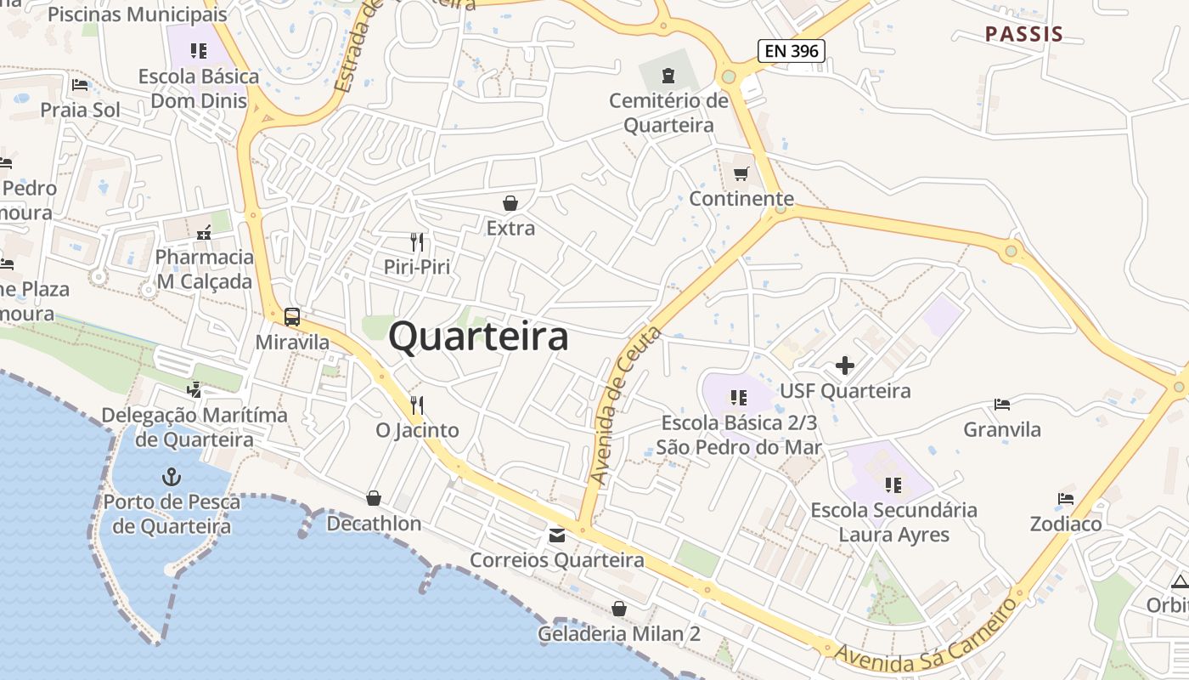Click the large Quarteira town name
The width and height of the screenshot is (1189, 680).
click(478, 337)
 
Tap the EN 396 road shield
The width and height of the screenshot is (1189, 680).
click(792, 51)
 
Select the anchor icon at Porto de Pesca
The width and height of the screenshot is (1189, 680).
click(172, 476)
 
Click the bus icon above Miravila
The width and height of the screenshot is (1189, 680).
click(292, 317)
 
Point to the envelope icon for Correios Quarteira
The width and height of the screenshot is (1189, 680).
click(556, 535)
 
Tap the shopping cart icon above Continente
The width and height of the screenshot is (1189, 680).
click(741, 174)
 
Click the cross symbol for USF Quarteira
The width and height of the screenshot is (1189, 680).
click(845, 365)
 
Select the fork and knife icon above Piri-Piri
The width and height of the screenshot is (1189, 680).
click(416, 242)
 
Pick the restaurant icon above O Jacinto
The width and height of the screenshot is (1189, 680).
click(416, 405)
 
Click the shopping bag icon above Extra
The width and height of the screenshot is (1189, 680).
click(510, 203)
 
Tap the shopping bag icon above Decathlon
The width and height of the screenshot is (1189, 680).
click(374, 498)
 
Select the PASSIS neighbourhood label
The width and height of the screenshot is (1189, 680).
click(1024, 35)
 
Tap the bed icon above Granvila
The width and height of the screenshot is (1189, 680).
click(1002, 405)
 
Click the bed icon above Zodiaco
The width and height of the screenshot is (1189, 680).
click(1066, 499)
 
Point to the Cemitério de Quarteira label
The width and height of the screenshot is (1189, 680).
click(669, 113)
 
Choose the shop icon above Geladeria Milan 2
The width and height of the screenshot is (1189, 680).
click(619, 609)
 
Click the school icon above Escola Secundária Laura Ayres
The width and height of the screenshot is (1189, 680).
click(893, 485)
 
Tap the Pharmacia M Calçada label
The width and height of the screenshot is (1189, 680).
click(205, 269)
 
